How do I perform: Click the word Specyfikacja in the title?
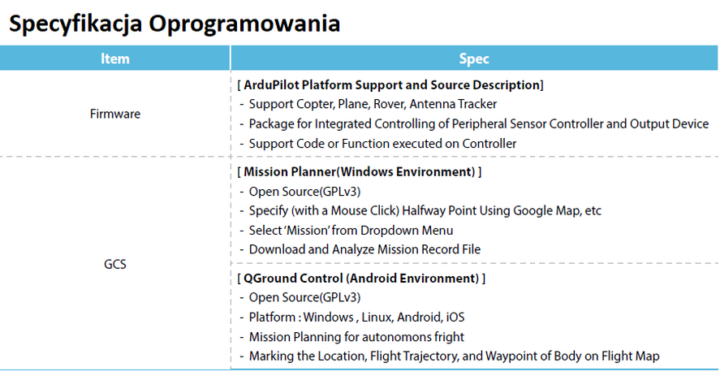point(75,24)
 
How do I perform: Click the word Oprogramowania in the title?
point(244,24)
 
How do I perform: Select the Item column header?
point(114,58)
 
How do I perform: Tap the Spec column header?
point(474,58)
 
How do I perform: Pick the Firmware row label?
point(115,114)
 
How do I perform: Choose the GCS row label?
point(114,264)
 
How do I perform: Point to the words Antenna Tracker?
point(453,104)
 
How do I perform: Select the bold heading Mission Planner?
point(290,172)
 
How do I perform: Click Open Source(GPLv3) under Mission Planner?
point(305,192)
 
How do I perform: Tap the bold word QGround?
point(267,278)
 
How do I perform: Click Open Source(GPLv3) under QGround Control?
point(305,297)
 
